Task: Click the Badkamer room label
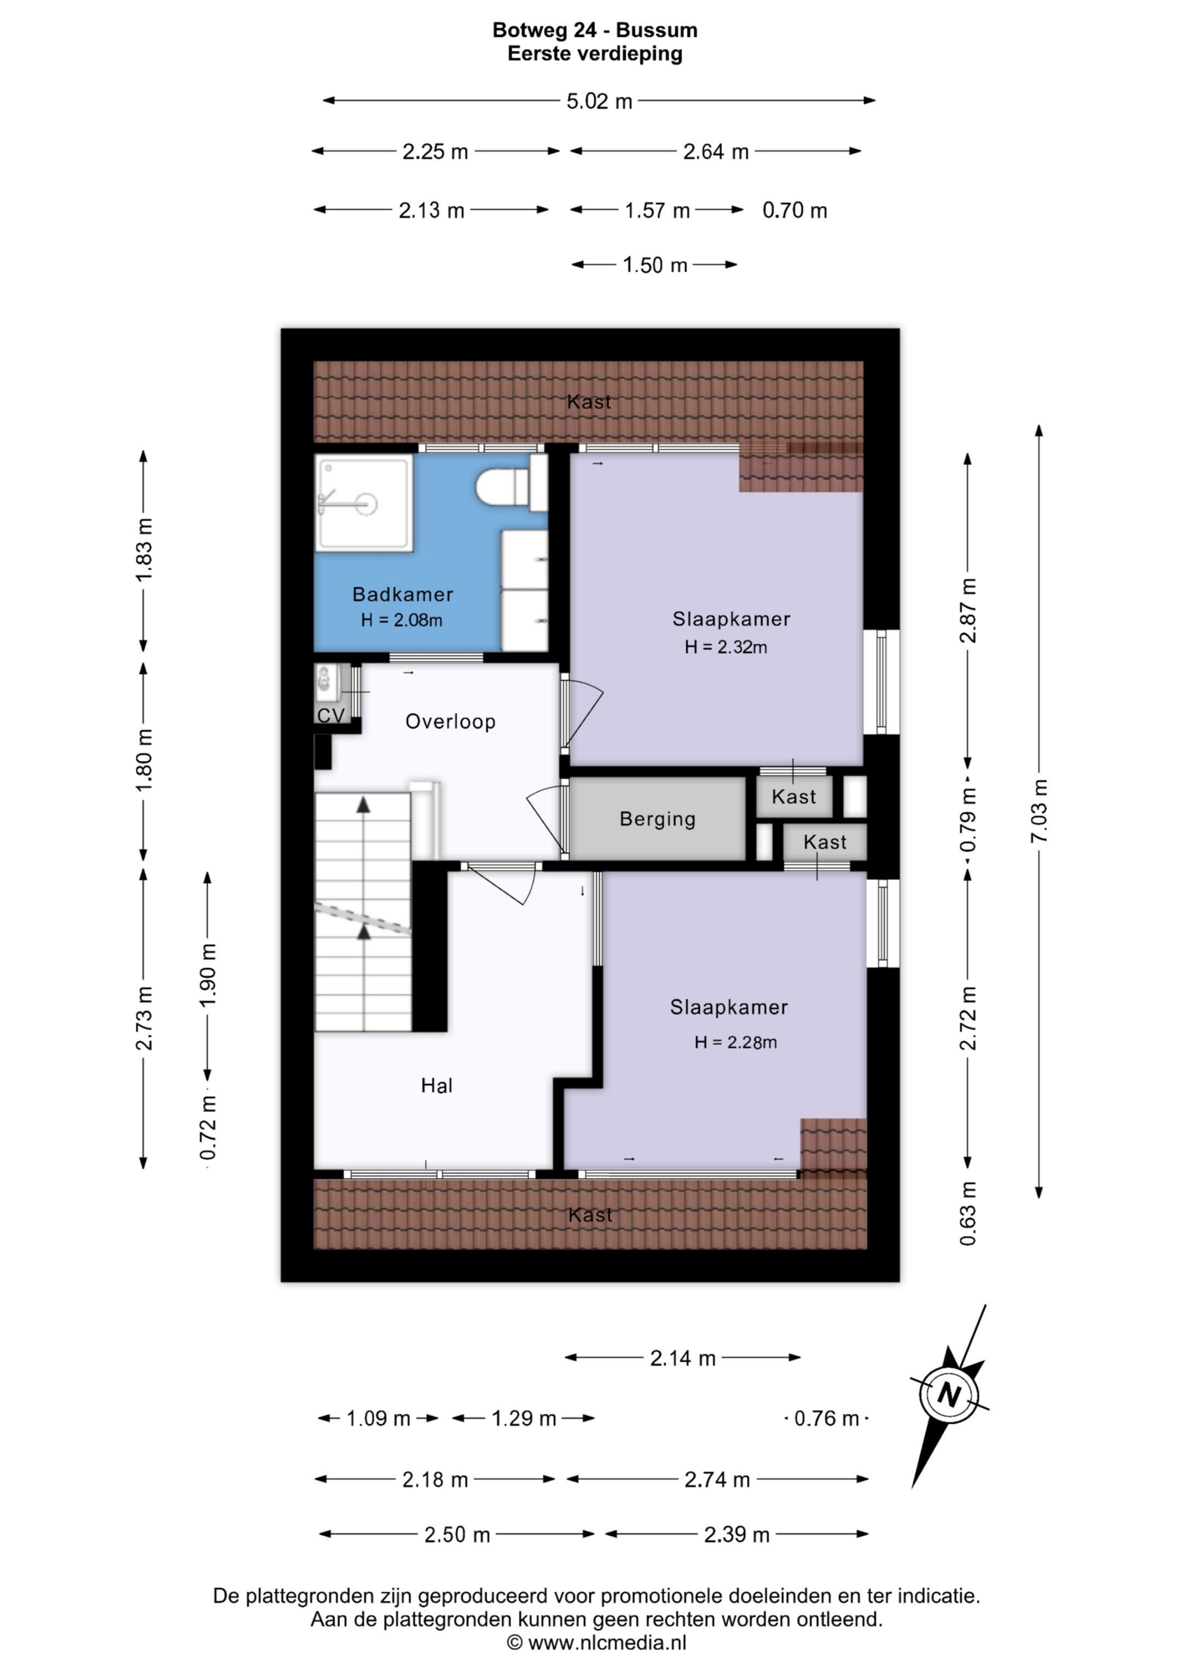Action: point(403,594)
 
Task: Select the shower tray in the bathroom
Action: point(364,502)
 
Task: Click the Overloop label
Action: point(450,722)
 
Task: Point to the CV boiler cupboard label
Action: point(331,715)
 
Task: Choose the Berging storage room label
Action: point(658,819)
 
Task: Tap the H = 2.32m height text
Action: point(726,647)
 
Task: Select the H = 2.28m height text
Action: point(735,1042)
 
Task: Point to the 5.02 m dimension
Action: point(599,101)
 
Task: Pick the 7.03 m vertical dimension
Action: point(1039,811)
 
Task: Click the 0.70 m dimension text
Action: point(795,211)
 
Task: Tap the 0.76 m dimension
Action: point(827,1419)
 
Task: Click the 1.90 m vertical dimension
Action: point(207,976)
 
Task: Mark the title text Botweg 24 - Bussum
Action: point(595,30)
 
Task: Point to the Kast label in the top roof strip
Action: point(589,402)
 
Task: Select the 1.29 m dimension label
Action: point(524,1419)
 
